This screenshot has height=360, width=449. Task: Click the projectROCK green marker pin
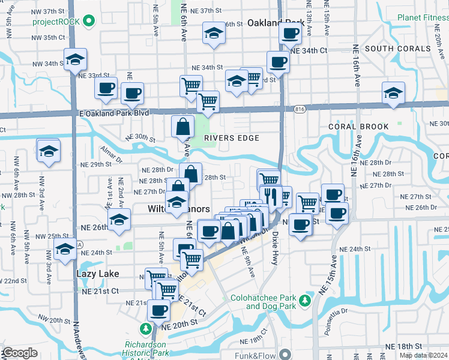[x=89, y=22]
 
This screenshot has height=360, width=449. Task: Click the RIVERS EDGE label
[x=231, y=137]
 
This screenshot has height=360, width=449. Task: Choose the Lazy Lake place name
[x=98, y=274]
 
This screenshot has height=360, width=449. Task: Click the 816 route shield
[x=300, y=109]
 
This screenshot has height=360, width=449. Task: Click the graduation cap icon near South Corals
[x=393, y=93]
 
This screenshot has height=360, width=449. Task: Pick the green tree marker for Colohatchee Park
[x=306, y=299]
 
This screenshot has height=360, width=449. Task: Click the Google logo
[x=20, y=353]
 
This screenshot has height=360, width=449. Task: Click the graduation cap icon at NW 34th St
[x=76, y=59]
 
